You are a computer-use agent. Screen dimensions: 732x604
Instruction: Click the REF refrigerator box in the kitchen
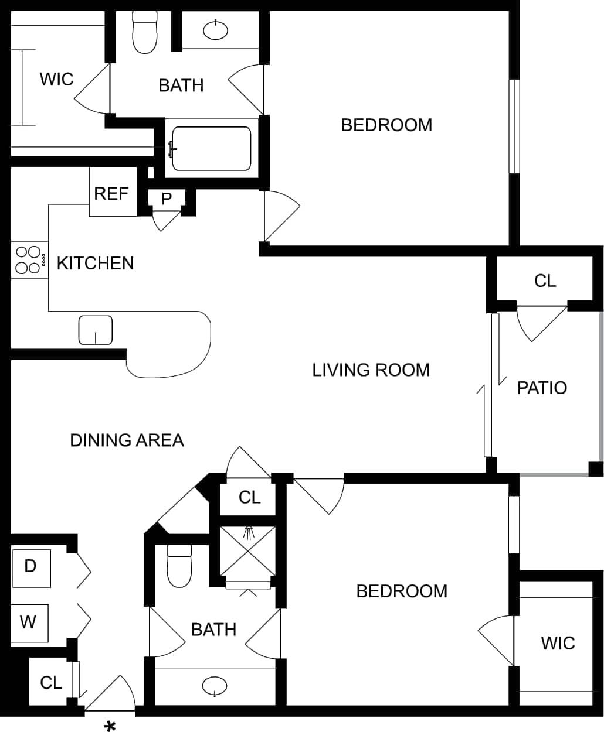click(x=111, y=193)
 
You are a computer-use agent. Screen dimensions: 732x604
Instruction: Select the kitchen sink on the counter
click(x=95, y=330)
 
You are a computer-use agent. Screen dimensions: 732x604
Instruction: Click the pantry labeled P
click(x=167, y=199)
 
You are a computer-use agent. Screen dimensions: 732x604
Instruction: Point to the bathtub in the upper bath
click(x=211, y=149)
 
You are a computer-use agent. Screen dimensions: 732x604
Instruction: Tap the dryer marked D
click(x=30, y=566)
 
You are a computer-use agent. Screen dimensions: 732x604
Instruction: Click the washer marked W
click(x=29, y=622)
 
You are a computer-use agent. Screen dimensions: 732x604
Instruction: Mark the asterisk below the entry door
click(x=109, y=726)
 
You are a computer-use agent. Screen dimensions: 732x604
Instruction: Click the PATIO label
click(x=541, y=388)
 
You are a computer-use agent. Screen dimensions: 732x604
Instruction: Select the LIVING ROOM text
click(x=371, y=370)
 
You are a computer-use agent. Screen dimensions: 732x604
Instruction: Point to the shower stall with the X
click(x=247, y=551)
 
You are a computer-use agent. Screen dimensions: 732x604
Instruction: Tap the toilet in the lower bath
click(x=179, y=566)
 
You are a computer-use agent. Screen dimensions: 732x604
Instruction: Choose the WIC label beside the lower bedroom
click(x=557, y=643)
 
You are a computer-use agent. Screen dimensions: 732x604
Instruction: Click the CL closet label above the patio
click(x=545, y=281)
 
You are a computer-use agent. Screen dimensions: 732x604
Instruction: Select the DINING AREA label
click(x=127, y=440)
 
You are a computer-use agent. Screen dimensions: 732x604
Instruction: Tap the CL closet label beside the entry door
click(x=51, y=682)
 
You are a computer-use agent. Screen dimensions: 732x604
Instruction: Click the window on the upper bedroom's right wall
click(x=514, y=126)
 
